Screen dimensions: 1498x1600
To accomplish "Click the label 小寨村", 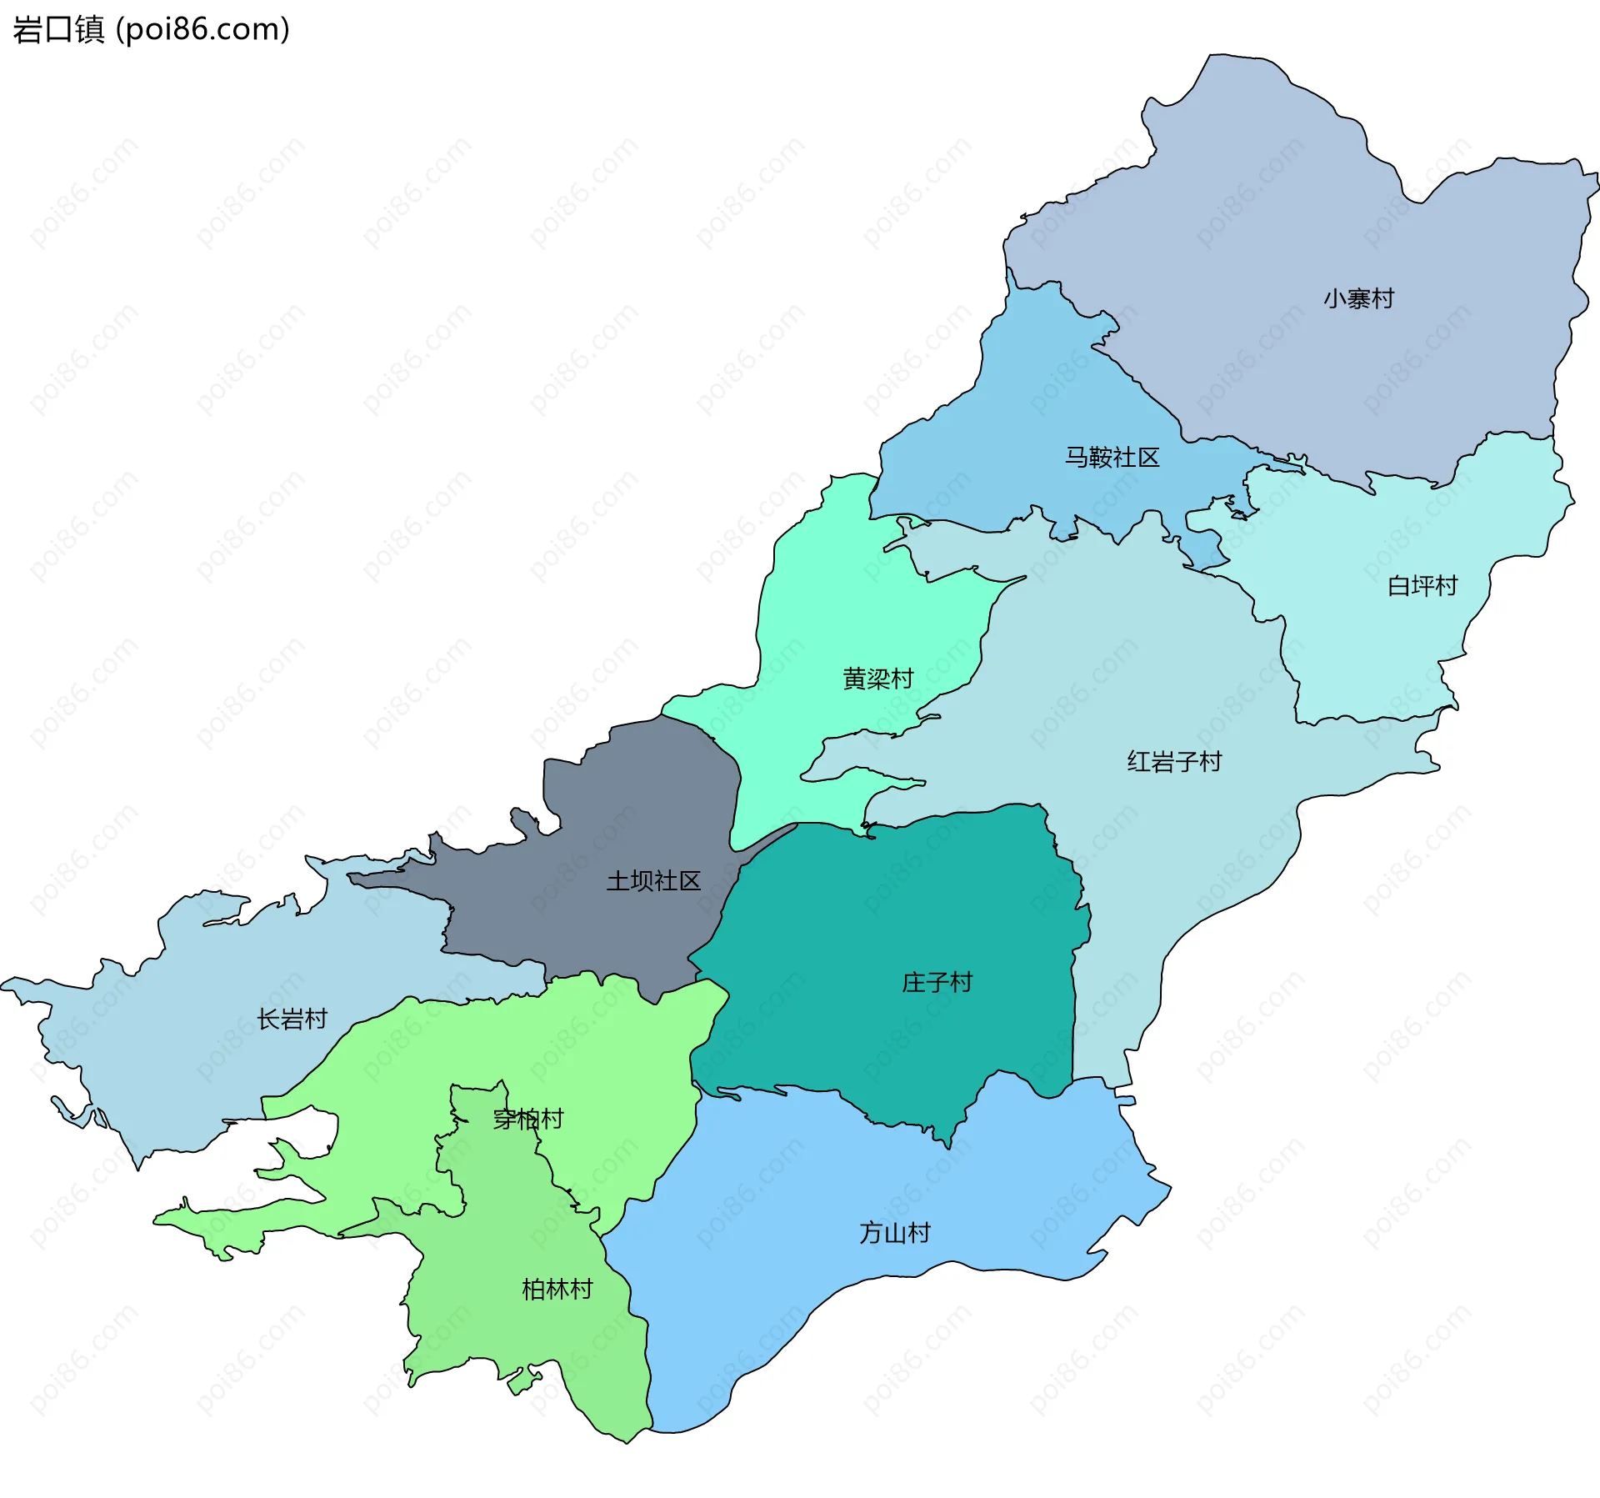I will tap(1358, 298).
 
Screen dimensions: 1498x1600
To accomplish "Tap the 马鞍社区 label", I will tap(1112, 458).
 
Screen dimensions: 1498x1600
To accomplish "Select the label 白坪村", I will tap(1422, 586).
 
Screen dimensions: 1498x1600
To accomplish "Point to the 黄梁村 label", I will tap(877, 679).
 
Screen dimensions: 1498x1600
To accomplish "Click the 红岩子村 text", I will tap(1173, 762).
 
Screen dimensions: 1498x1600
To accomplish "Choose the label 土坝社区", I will tap(653, 881).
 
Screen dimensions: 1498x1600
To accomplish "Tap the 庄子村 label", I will tap(937, 983).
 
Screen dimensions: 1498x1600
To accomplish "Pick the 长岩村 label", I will tap(292, 1019).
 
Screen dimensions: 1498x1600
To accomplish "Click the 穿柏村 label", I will tap(528, 1119).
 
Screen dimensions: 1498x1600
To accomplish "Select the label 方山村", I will tap(894, 1233).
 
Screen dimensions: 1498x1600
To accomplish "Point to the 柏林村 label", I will tap(557, 1290).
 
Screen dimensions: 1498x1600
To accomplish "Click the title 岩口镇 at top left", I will tap(58, 29).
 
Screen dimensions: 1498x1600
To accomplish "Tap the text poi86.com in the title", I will tap(202, 29).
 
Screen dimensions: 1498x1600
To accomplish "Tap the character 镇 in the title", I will tap(90, 29).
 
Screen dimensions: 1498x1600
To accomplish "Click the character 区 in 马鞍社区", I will tap(1148, 458).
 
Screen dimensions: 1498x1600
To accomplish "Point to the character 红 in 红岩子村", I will tap(1138, 762).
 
